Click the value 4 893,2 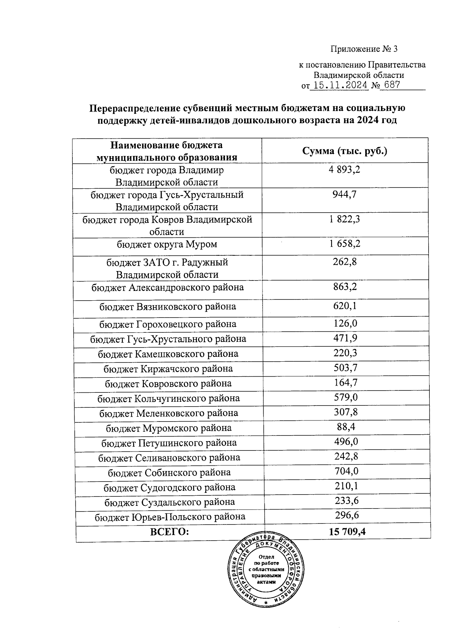345,170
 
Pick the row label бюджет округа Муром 167,244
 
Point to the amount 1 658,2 345,244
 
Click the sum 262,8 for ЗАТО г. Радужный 345,262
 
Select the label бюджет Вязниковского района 168,307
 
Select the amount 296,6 347,516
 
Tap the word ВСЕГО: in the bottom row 169,532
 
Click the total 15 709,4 347,532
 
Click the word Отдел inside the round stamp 266,557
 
